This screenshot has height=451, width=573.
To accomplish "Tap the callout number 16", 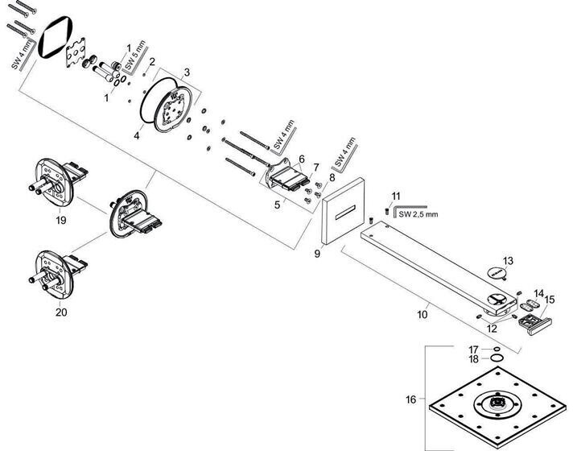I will tap(411, 399).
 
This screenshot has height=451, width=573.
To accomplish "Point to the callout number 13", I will tap(507, 260).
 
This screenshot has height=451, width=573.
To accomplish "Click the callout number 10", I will tap(423, 315).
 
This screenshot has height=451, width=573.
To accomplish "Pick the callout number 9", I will tap(317, 253).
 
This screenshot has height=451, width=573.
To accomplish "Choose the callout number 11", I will tap(395, 196).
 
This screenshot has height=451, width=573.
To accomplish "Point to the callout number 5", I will tap(277, 205).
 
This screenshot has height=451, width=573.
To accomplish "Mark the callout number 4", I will tap(137, 136).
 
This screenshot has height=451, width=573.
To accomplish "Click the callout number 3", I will tap(187, 72).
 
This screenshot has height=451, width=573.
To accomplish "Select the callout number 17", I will tap(474, 348).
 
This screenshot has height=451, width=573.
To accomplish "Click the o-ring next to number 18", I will tap(497, 358).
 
